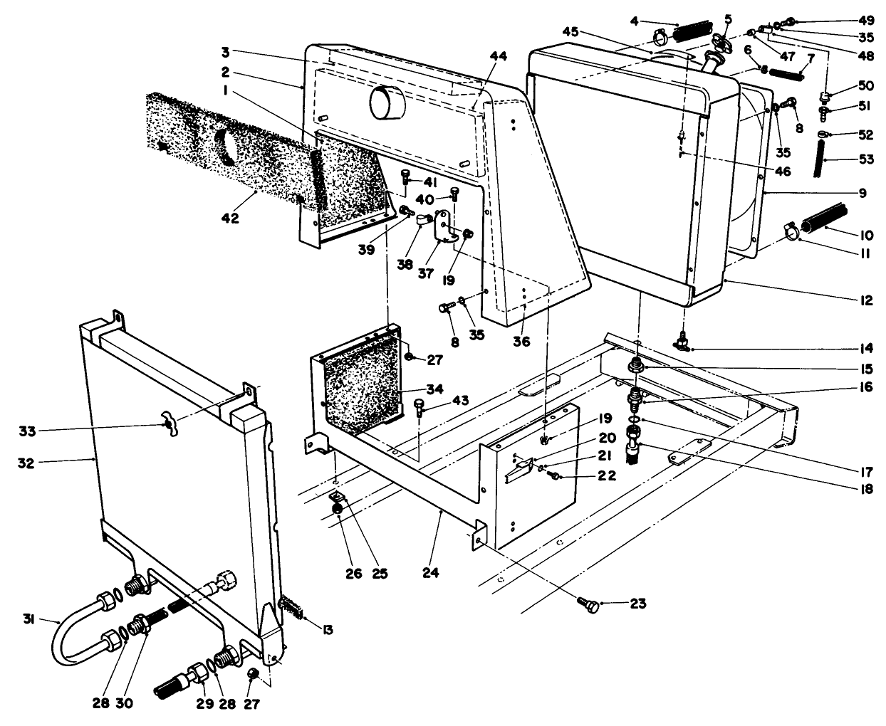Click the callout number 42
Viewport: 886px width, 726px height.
click(229, 218)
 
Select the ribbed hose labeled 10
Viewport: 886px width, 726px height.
click(825, 219)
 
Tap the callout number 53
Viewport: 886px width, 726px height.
click(865, 160)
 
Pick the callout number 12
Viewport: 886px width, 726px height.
click(865, 301)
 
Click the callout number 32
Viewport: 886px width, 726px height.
click(31, 461)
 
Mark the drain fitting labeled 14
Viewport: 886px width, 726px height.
click(682, 342)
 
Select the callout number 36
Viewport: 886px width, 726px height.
click(521, 342)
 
